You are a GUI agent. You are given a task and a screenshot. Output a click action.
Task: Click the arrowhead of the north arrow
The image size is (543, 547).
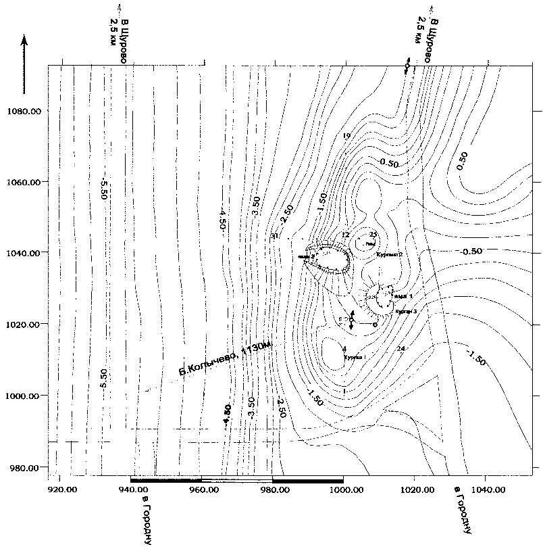point(24,39)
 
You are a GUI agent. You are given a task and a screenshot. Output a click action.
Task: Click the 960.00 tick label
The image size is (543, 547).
point(204,485)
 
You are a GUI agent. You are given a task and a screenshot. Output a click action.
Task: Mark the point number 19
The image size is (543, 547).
point(347,137)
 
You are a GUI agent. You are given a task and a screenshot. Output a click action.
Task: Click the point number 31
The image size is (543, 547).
point(274,236)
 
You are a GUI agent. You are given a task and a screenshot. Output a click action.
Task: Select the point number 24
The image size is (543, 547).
point(401,348)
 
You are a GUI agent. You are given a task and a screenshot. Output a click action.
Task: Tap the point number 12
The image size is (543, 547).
point(345,235)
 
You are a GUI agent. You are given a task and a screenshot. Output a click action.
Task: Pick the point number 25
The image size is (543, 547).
point(373,234)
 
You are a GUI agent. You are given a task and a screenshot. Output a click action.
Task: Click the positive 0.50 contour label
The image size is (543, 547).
point(461,161)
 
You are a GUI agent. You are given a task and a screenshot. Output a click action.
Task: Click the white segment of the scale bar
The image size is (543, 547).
point(236,480)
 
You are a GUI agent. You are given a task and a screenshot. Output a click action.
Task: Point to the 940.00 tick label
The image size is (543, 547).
point(134,485)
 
